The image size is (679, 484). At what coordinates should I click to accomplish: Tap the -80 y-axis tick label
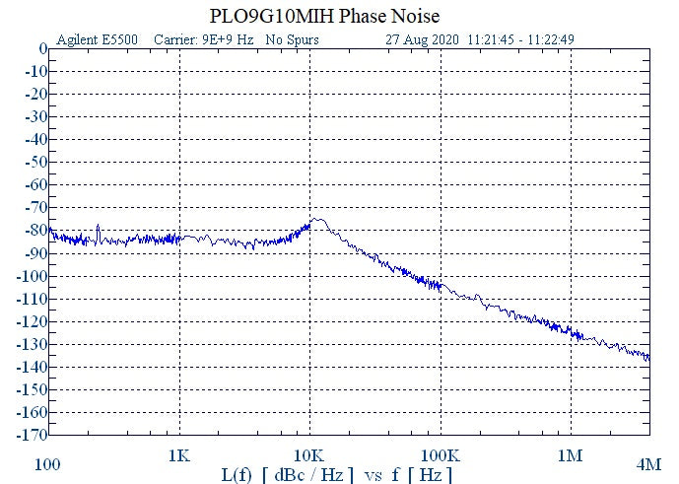pyautogui.click(x=35, y=230)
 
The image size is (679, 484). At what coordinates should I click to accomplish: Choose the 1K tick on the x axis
pyautogui.click(x=178, y=456)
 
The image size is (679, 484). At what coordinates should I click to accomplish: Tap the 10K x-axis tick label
pyautogui.click(x=309, y=456)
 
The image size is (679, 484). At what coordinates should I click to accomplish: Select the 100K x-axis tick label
pyautogui.click(x=440, y=456)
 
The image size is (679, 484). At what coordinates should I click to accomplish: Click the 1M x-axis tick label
pyautogui.click(x=570, y=456)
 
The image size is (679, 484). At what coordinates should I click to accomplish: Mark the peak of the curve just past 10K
pyautogui.click(x=317, y=219)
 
